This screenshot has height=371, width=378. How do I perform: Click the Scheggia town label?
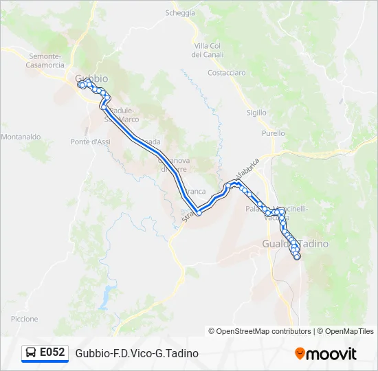point(181,13)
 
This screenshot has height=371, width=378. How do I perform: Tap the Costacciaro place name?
point(226,72)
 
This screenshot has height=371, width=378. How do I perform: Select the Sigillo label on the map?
point(256,112)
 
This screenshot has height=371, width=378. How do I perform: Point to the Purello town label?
point(273,133)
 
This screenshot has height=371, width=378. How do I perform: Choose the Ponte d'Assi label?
point(90,142)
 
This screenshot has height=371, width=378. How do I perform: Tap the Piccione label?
point(25,319)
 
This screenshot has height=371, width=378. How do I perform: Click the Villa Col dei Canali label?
point(206,49)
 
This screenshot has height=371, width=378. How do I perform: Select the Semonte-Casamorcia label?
point(45,60)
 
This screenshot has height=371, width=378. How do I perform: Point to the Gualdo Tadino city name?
point(295,243)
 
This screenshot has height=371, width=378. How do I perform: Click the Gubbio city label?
point(91,78)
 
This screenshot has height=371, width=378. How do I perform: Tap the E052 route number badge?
point(52,352)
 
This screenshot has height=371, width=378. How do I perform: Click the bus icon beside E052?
point(31,353)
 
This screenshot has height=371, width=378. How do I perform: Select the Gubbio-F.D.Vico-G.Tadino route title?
point(137,353)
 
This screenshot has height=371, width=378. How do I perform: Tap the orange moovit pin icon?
point(300,354)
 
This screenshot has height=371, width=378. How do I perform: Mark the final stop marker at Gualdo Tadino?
point(297,256)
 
